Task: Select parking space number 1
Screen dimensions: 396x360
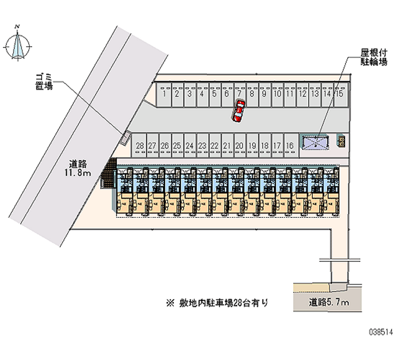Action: [x=163, y=93]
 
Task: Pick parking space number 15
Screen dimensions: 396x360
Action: [x=340, y=93]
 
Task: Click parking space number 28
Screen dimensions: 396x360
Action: [x=140, y=145]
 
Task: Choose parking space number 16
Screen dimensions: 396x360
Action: [x=290, y=145]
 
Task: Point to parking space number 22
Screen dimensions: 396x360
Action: [x=214, y=145]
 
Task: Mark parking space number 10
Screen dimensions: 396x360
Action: [x=277, y=93]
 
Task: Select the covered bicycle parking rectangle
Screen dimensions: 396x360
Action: [x=316, y=143]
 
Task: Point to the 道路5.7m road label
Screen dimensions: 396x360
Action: [x=329, y=302]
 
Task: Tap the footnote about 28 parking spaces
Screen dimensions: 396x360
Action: [x=217, y=302]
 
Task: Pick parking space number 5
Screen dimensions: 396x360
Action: [x=214, y=93]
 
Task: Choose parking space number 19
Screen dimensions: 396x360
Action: [x=252, y=145]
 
